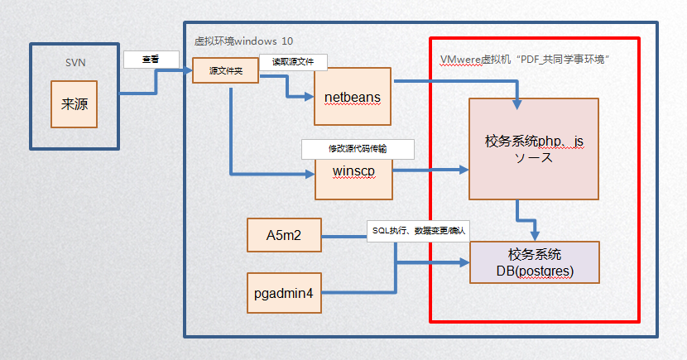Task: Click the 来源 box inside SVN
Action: pyautogui.click(x=74, y=103)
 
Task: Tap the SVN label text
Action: pyautogui.click(x=74, y=63)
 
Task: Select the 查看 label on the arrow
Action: pyautogui.click(x=151, y=59)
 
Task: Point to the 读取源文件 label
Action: pyautogui.click(x=292, y=60)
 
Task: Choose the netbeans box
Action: pyautogui.click(x=353, y=97)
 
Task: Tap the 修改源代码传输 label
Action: pyautogui.click(x=357, y=148)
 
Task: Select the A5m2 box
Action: pyautogui.click(x=283, y=235)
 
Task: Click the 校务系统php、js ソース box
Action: pyautogui.click(x=533, y=149)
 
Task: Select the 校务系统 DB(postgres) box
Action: pyautogui.click(x=534, y=262)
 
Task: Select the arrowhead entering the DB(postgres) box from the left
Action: pyautogui.click(x=464, y=264)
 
